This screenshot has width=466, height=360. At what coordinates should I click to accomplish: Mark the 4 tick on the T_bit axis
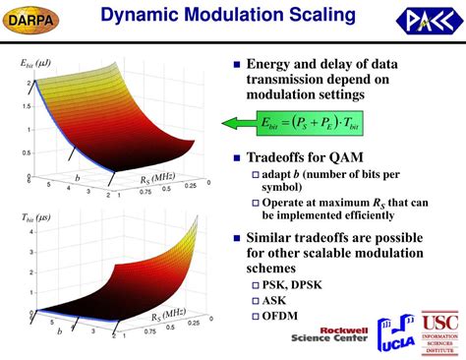point(33,232)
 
